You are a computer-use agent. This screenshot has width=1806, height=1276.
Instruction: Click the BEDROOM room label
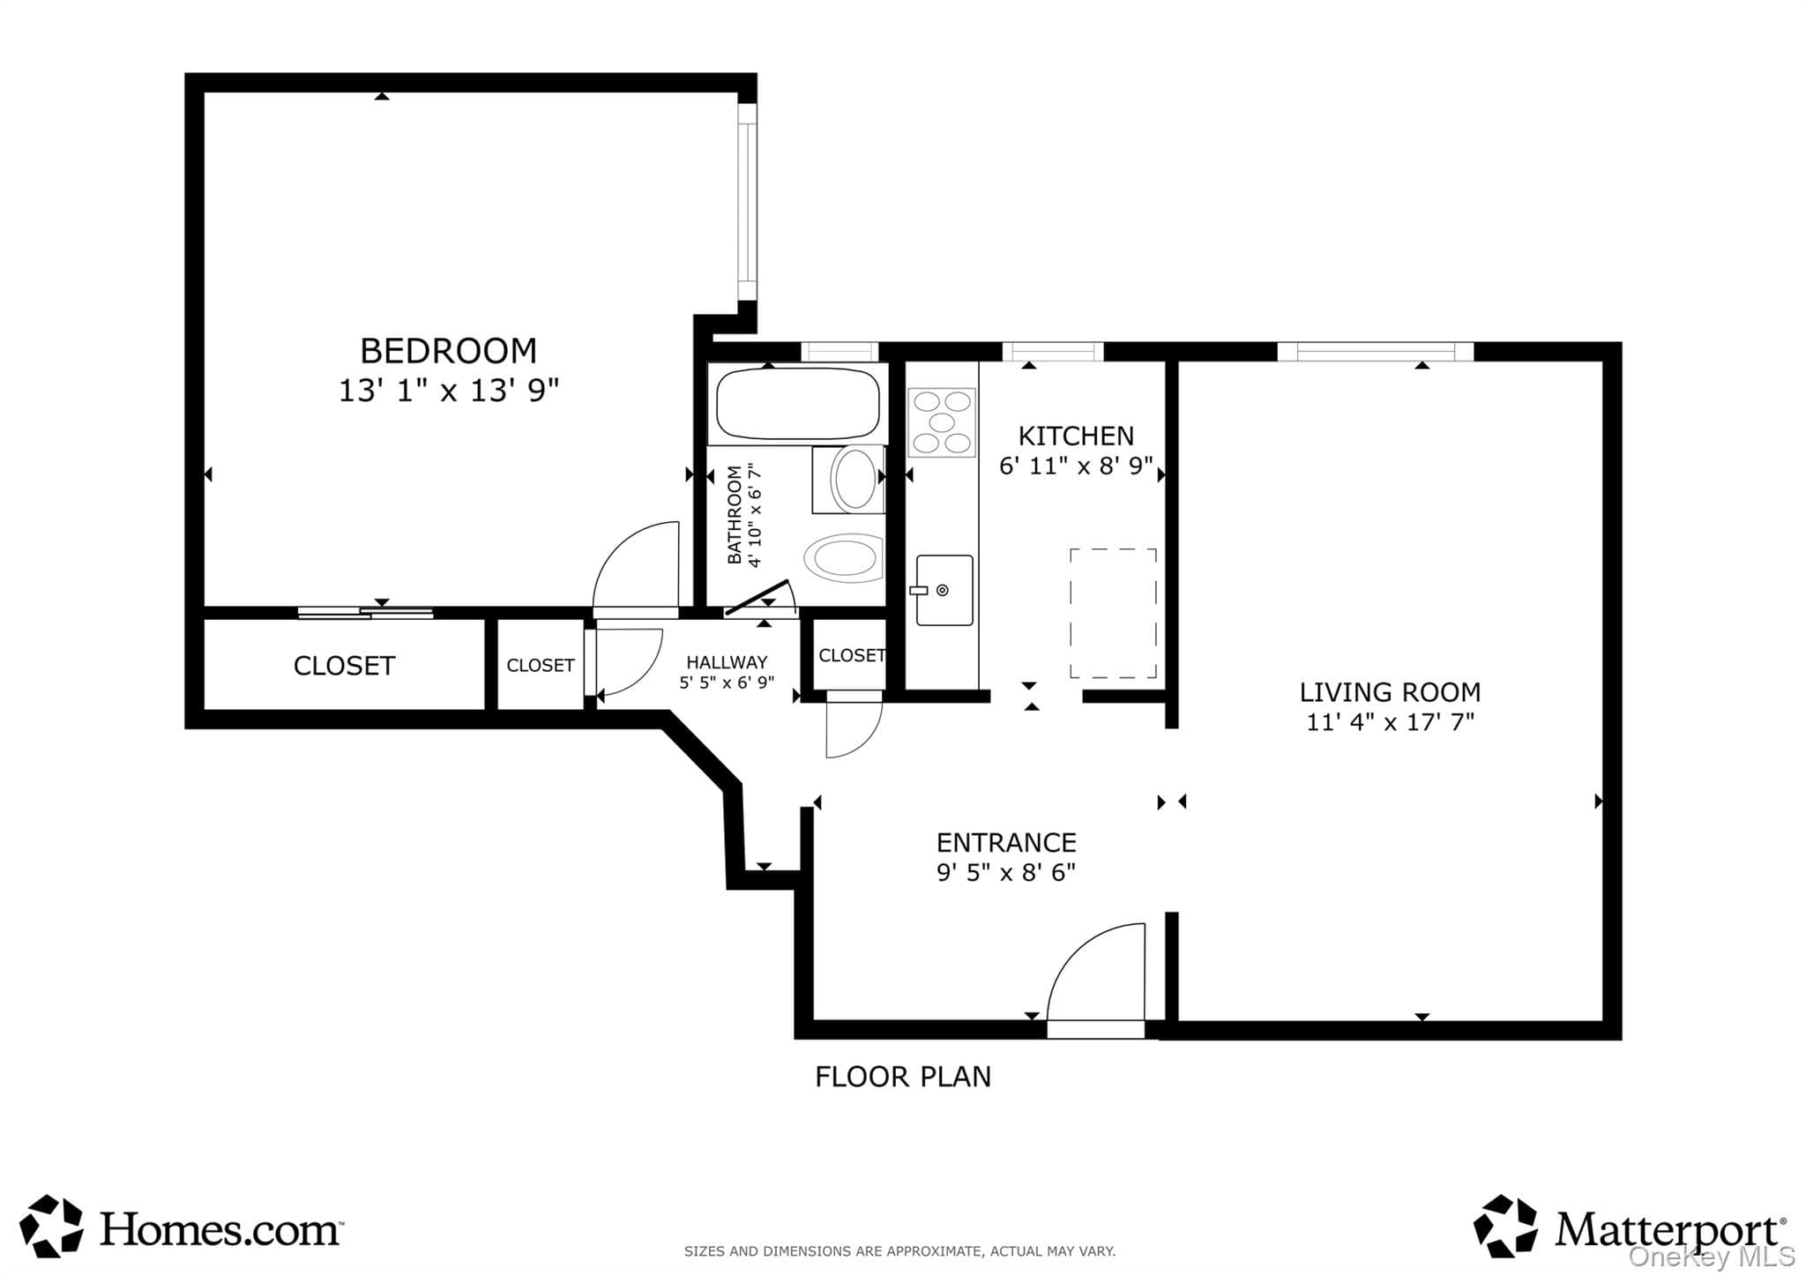coord(448,351)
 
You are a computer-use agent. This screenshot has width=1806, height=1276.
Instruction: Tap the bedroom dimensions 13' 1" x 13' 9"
coord(449,390)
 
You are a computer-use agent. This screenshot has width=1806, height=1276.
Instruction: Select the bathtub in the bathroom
coord(798,405)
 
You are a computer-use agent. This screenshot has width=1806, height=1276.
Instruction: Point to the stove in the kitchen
coord(942,422)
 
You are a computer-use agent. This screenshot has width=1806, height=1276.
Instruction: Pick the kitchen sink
coord(944,590)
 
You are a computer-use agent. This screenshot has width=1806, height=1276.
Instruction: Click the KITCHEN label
coord(1076,436)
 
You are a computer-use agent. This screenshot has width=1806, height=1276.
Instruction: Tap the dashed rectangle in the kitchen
coord(1113,613)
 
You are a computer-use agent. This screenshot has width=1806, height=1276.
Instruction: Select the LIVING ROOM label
coord(1390,692)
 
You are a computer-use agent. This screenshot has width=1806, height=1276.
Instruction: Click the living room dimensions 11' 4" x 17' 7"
coord(1390,722)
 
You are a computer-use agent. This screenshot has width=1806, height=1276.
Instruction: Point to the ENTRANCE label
coord(1006,842)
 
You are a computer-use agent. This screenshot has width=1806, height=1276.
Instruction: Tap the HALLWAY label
coord(727,662)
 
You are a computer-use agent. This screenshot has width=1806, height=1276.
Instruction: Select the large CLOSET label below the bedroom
coord(344,666)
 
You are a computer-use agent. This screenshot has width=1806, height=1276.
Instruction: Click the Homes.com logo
coord(182,1227)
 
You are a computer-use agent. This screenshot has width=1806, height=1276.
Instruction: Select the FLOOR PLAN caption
coord(903,1077)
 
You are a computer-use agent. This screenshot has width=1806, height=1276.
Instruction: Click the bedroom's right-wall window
coord(747,202)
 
